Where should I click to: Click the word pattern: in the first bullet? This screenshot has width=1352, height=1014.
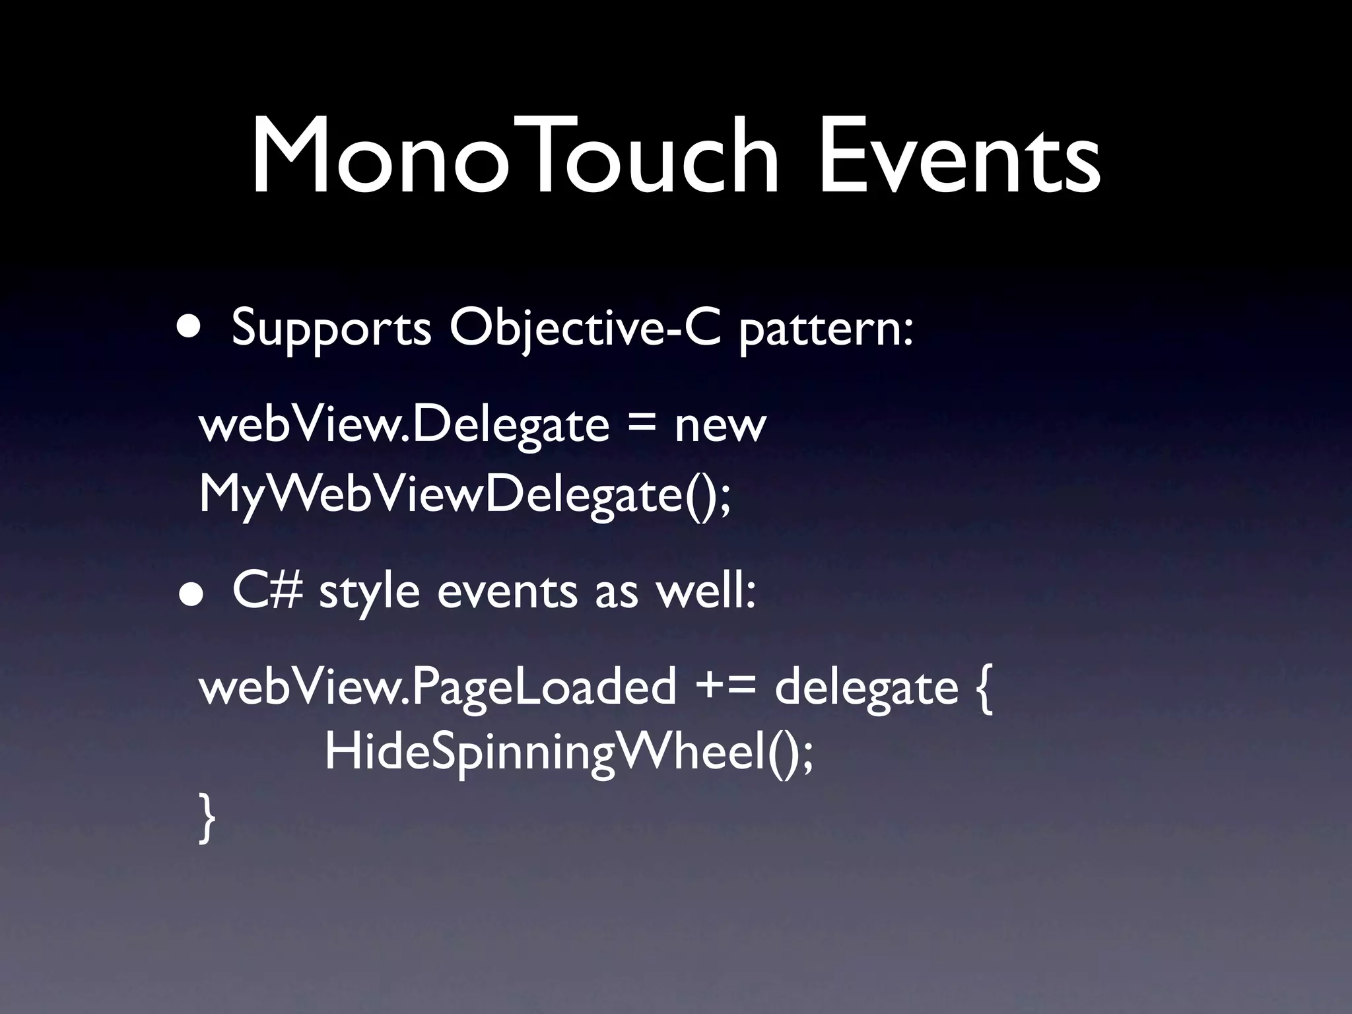pos(826,329)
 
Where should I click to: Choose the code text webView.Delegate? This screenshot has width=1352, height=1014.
pos(403,426)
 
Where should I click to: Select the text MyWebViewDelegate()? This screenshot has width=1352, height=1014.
pos(465,495)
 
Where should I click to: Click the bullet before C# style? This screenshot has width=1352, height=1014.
pos(190,593)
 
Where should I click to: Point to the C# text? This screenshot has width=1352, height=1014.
pos(267,591)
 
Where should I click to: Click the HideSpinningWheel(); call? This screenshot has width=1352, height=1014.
pos(568,753)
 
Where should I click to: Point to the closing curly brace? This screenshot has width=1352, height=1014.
pos(207,818)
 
